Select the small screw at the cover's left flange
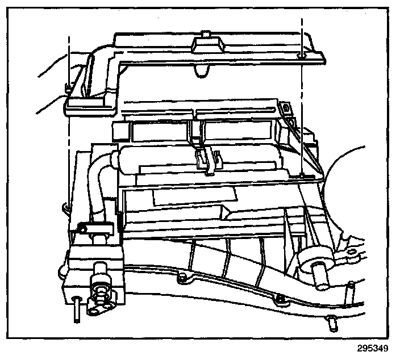click(x=68, y=87)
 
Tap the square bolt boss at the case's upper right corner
click(x=285, y=107)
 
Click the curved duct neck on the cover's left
click(x=97, y=68)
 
